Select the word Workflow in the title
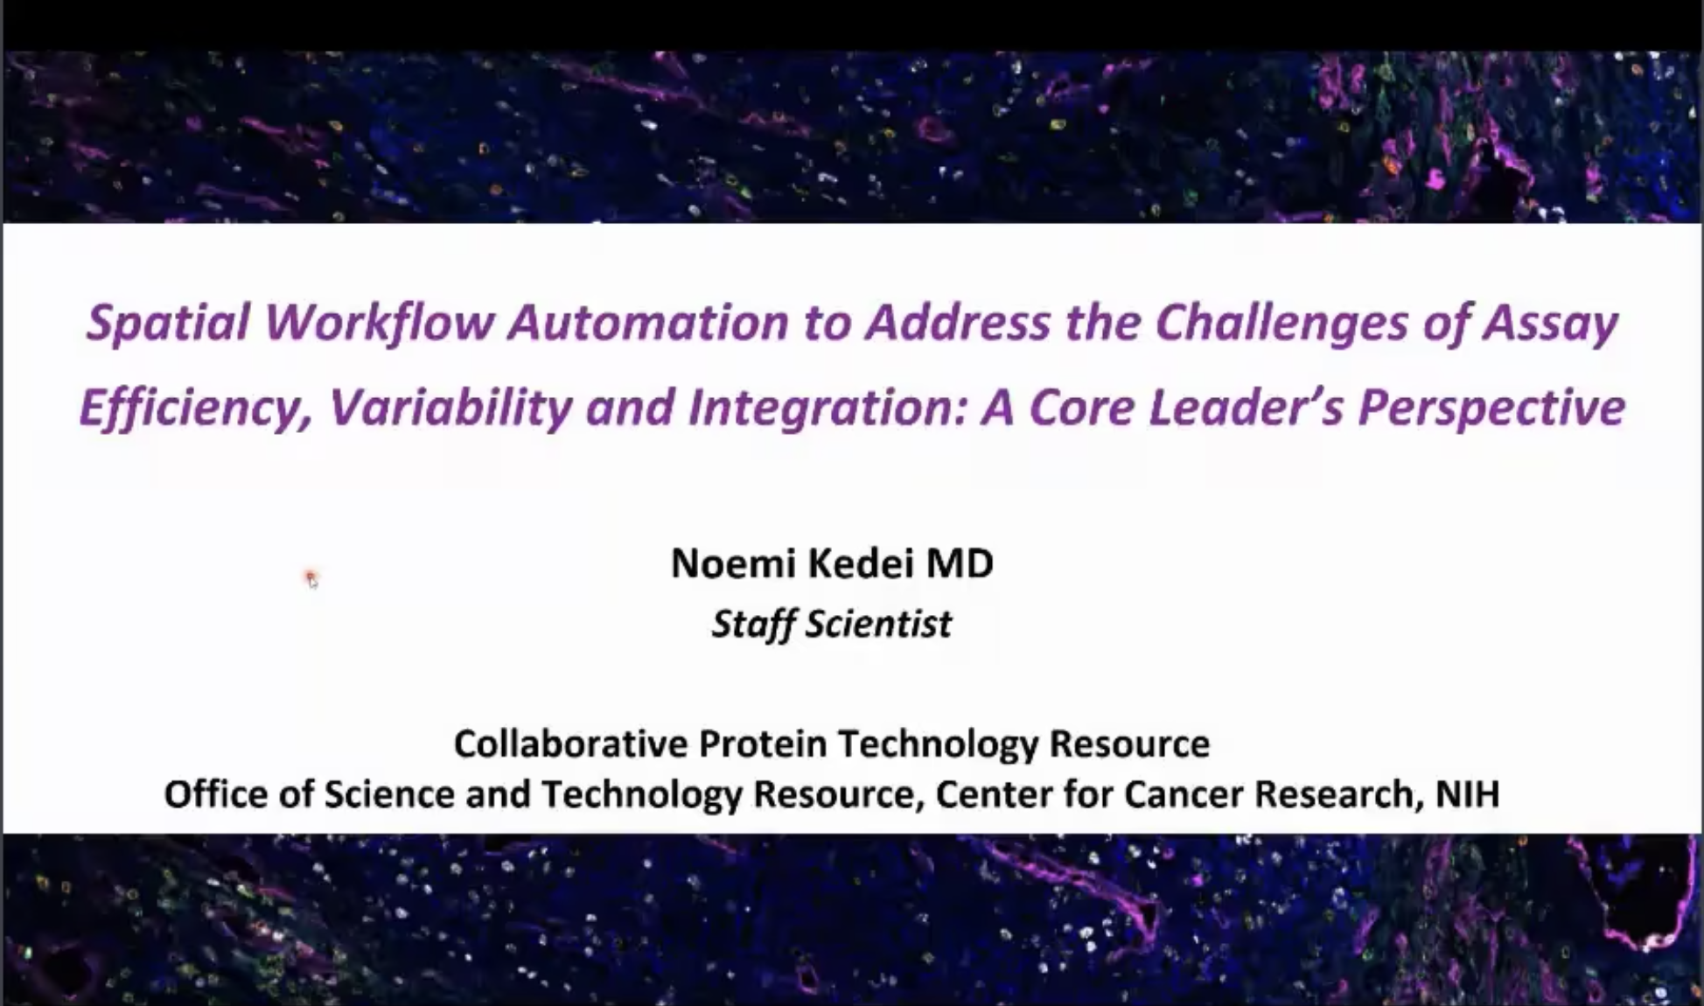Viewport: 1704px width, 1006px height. [x=379, y=322]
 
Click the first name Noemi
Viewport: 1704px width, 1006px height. [x=734, y=563]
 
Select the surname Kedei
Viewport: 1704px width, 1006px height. [x=861, y=563]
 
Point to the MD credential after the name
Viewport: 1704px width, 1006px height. [x=960, y=563]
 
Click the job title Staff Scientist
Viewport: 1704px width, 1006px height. [x=831, y=624]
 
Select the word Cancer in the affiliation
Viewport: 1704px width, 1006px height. [x=1183, y=794]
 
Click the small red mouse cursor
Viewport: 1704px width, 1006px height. [x=311, y=579]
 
